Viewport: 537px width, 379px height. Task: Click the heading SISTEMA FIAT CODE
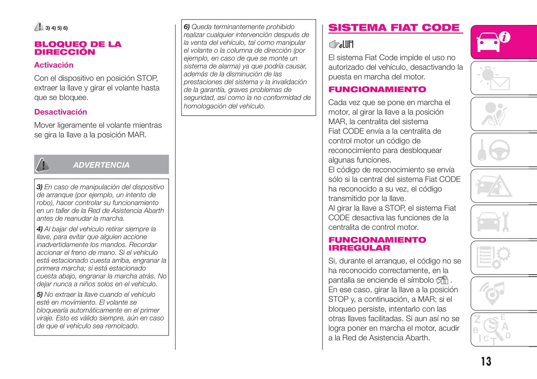[x=394, y=28]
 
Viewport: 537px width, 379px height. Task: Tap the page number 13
[x=486, y=361]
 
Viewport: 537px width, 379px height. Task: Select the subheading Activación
[x=54, y=65]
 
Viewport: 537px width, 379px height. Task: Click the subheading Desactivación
[x=61, y=112]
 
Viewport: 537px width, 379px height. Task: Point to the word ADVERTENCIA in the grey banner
[x=101, y=165]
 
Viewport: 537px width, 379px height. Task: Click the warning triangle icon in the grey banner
[x=42, y=165]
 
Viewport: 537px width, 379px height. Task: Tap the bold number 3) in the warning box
[x=39, y=187]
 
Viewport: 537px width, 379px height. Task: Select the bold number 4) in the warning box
[x=39, y=229]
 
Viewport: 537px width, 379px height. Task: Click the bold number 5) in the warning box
[x=39, y=295]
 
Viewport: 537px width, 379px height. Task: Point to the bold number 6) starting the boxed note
[x=187, y=27]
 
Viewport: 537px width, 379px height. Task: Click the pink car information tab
[x=504, y=42]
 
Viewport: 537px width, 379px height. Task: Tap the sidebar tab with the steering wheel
[x=504, y=150]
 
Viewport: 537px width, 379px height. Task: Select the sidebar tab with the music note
[x=504, y=293]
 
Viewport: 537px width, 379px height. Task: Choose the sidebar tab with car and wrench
[x=504, y=222]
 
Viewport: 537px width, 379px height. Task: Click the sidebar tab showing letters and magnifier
[x=504, y=330]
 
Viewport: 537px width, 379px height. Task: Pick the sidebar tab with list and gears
[x=504, y=257]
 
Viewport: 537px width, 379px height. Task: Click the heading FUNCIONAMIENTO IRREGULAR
[x=377, y=244]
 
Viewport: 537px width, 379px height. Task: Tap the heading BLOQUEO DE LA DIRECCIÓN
[x=78, y=48]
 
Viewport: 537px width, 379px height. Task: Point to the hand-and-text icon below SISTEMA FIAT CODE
[x=341, y=45]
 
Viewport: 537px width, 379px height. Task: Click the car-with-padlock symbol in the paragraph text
[x=442, y=280]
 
